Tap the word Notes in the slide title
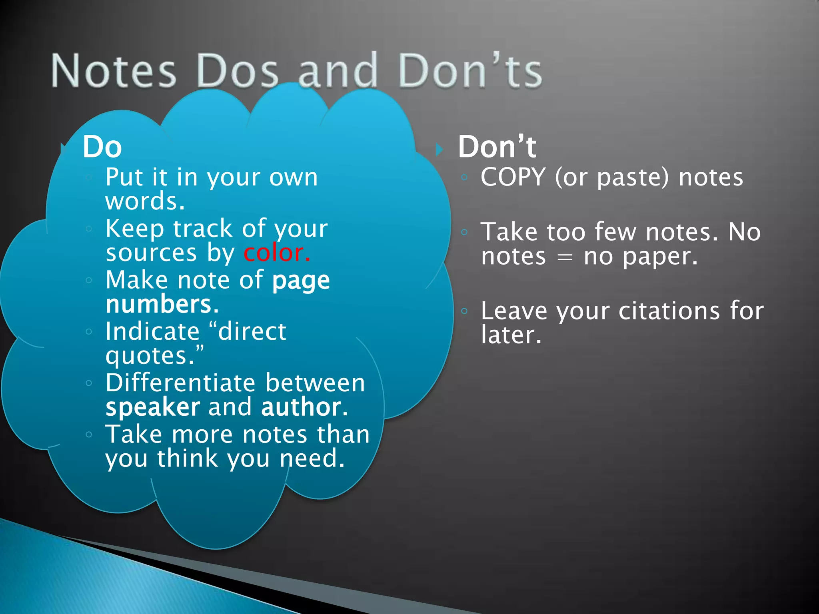point(114,71)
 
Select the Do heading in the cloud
point(102,147)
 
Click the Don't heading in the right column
point(497,147)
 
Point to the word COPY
point(513,177)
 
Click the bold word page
point(301,281)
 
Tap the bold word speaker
point(153,407)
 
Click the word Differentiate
point(180,383)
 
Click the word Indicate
point(152,331)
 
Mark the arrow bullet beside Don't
point(439,150)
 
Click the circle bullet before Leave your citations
point(464,311)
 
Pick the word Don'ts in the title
point(470,71)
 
